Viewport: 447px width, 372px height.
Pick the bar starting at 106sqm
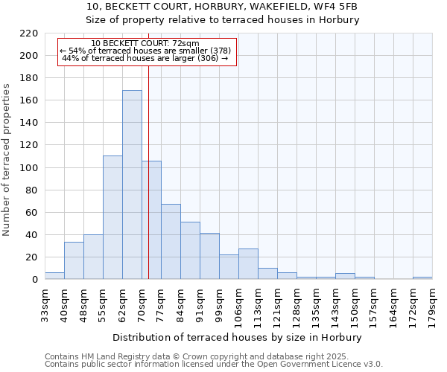(248, 263)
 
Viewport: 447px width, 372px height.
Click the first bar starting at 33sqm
(54, 275)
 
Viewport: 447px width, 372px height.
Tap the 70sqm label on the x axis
(142, 303)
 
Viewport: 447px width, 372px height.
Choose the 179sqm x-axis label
(432, 304)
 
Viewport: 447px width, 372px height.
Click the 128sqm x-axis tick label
(297, 304)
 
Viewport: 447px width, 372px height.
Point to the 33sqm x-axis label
(45, 303)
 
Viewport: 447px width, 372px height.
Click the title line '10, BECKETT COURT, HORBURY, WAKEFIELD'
(223, 7)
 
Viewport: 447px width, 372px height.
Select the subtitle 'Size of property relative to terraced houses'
(223, 20)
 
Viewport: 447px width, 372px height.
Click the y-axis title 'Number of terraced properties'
(7, 160)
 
